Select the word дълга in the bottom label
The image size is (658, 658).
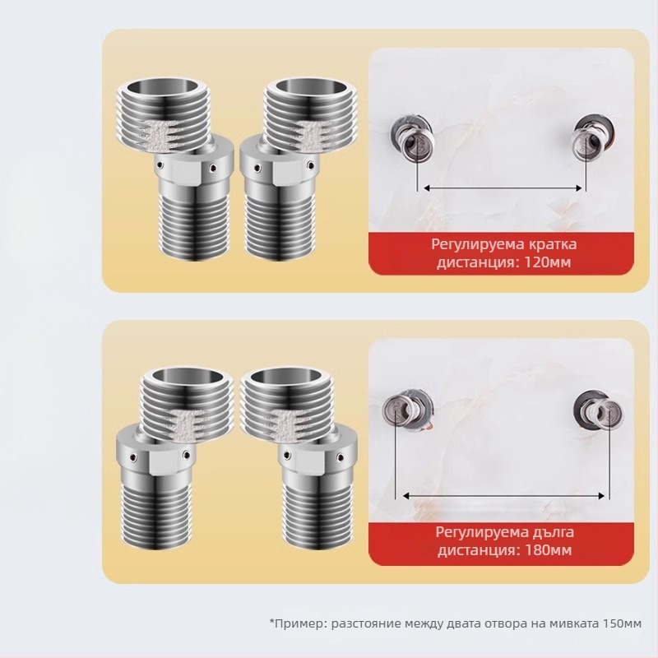coord(549,532)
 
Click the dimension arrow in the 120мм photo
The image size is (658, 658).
coord(503,188)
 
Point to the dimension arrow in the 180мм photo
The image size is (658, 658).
coord(503,496)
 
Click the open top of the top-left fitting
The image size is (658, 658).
coord(162,88)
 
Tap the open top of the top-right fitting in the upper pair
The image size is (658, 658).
coord(312,88)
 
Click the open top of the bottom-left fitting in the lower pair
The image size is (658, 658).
coord(186,378)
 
